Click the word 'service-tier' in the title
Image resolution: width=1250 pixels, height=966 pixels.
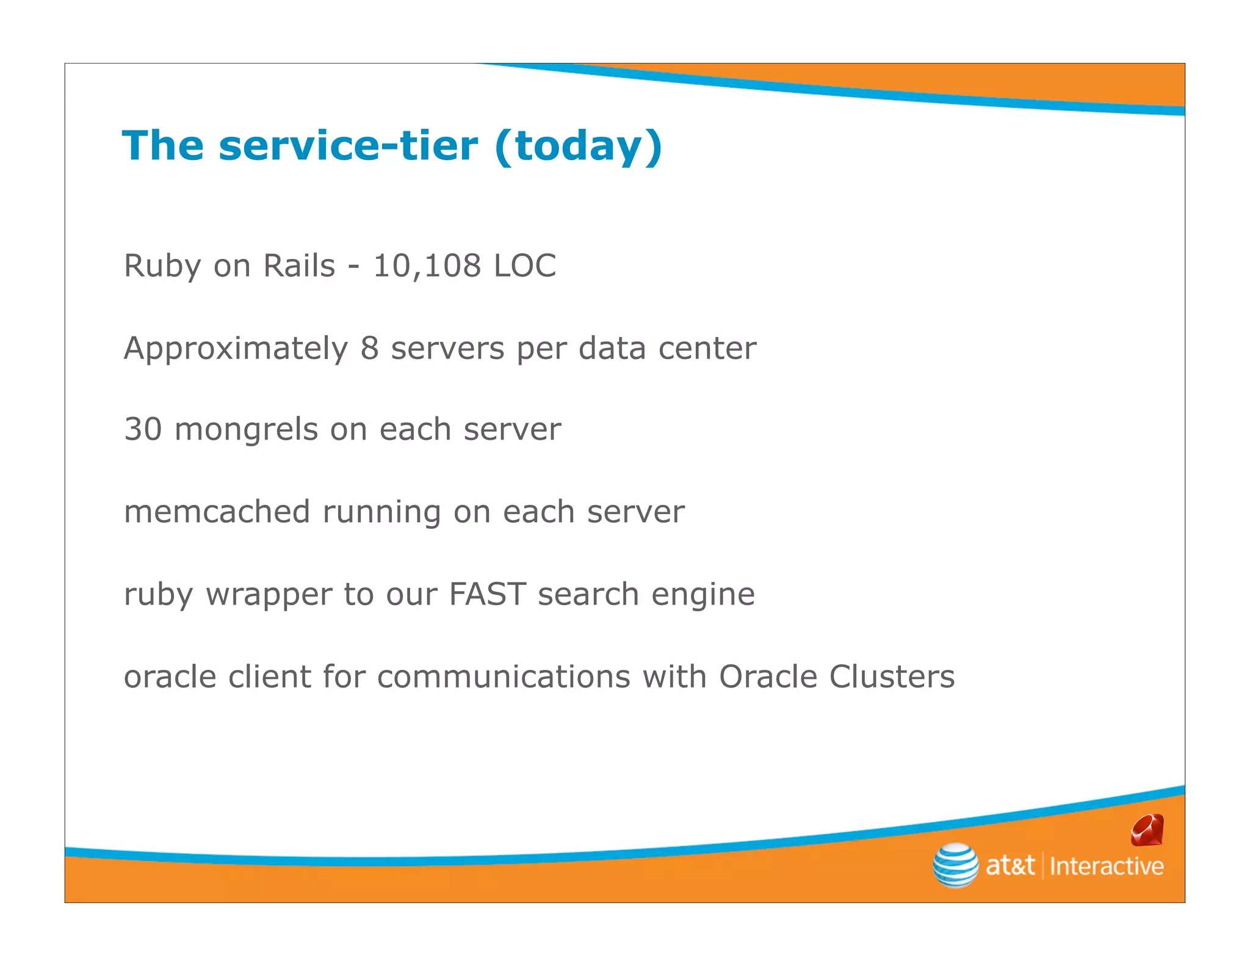[x=348, y=147]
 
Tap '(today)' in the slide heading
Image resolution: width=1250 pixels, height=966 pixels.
[x=578, y=147]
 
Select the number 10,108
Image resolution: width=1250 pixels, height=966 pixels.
[x=427, y=266]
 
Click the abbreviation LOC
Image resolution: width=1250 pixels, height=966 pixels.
[x=525, y=266]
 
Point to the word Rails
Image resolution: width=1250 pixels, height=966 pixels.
[x=299, y=266]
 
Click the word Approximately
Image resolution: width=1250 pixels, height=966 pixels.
[x=236, y=349]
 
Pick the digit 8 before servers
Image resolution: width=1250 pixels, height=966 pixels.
[x=369, y=349]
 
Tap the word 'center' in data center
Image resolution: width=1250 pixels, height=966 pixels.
[x=707, y=349]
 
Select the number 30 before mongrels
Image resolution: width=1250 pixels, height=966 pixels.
[x=143, y=429]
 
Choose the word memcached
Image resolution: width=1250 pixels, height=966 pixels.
[x=217, y=512]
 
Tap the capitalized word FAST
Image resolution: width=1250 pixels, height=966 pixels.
[x=487, y=594]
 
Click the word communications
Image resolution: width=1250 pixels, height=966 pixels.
[x=504, y=677]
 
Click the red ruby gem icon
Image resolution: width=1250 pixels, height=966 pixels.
[x=1147, y=830]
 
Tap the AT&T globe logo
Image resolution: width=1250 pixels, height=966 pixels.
[x=955, y=865]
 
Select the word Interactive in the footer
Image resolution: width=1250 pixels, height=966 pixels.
[x=1106, y=866]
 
